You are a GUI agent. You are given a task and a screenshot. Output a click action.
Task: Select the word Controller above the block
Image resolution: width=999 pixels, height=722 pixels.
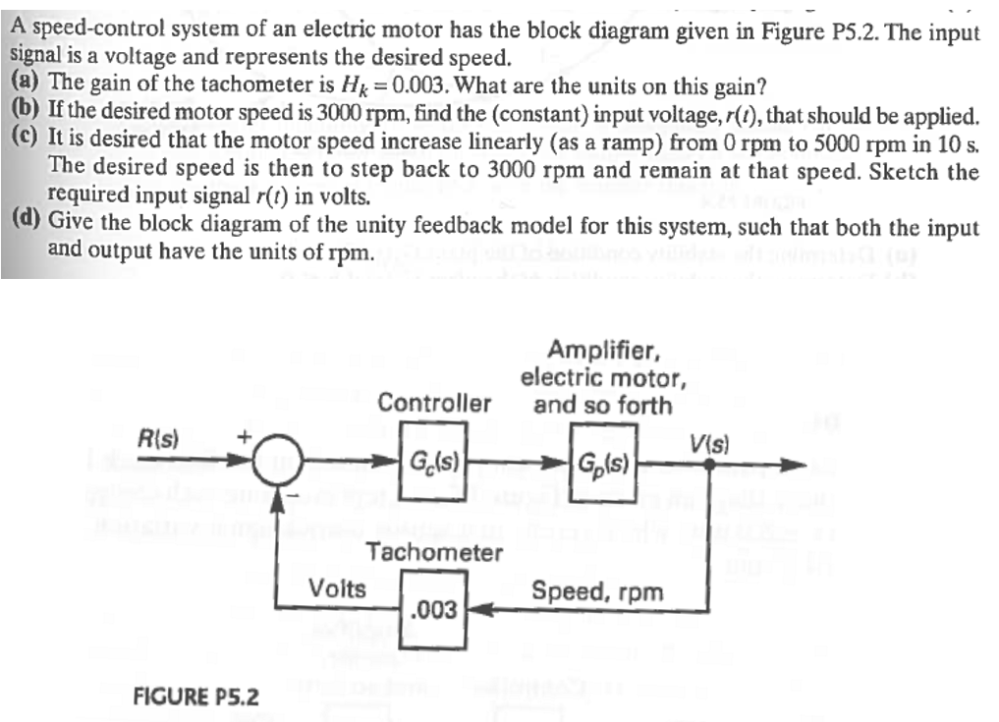(x=434, y=403)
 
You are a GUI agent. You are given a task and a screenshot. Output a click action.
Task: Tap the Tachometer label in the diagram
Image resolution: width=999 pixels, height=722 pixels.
(x=434, y=552)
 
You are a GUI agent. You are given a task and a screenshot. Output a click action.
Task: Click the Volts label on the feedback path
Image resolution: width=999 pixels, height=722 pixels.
(x=337, y=589)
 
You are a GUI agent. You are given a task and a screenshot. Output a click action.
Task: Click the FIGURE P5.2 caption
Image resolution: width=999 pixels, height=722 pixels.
(x=195, y=696)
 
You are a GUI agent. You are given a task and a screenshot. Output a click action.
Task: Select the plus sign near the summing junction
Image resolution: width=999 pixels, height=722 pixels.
(x=246, y=435)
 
